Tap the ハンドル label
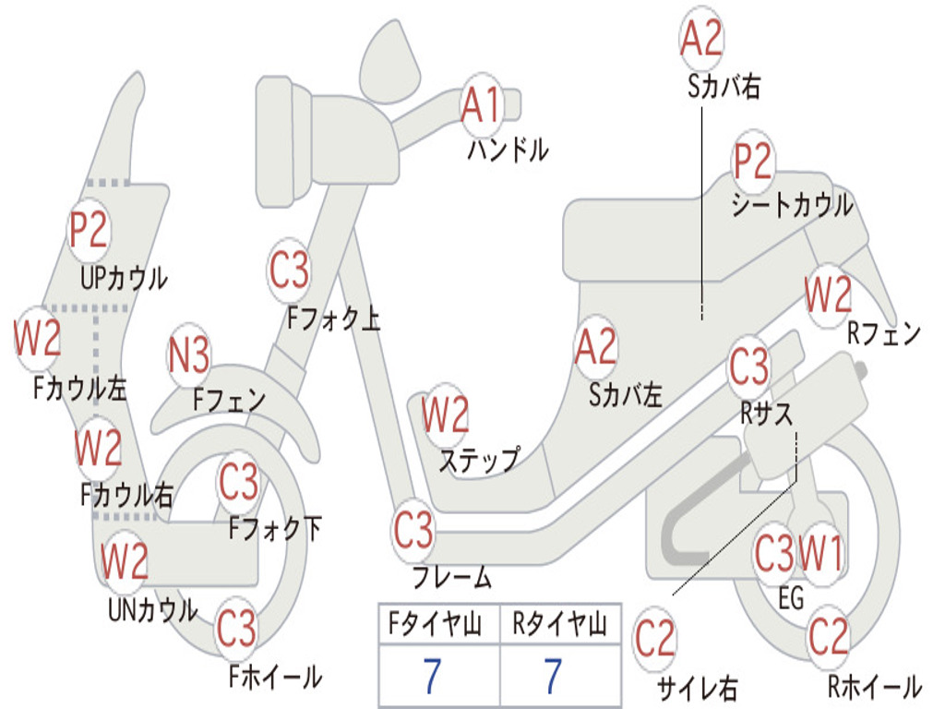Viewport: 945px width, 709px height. [x=508, y=150]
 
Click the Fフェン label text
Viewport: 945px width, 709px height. [x=229, y=401]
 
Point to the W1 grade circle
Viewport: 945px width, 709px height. [x=820, y=555]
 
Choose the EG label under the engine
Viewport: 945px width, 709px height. [x=791, y=599]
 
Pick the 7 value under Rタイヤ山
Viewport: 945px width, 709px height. [x=552, y=677]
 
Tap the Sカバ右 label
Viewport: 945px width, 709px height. [x=724, y=87]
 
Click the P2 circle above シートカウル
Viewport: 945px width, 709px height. [x=753, y=162]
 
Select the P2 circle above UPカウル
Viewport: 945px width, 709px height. [x=89, y=230]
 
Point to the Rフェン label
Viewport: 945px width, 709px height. [x=884, y=334]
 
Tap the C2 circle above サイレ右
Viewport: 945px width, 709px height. [x=656, y=639]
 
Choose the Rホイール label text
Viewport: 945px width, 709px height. [x=874, y=687]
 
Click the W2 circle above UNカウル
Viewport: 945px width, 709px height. [x=125, y=561]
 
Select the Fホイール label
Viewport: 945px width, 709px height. [x=275, y=677]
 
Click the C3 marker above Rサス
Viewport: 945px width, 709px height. [x=748, y=367]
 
